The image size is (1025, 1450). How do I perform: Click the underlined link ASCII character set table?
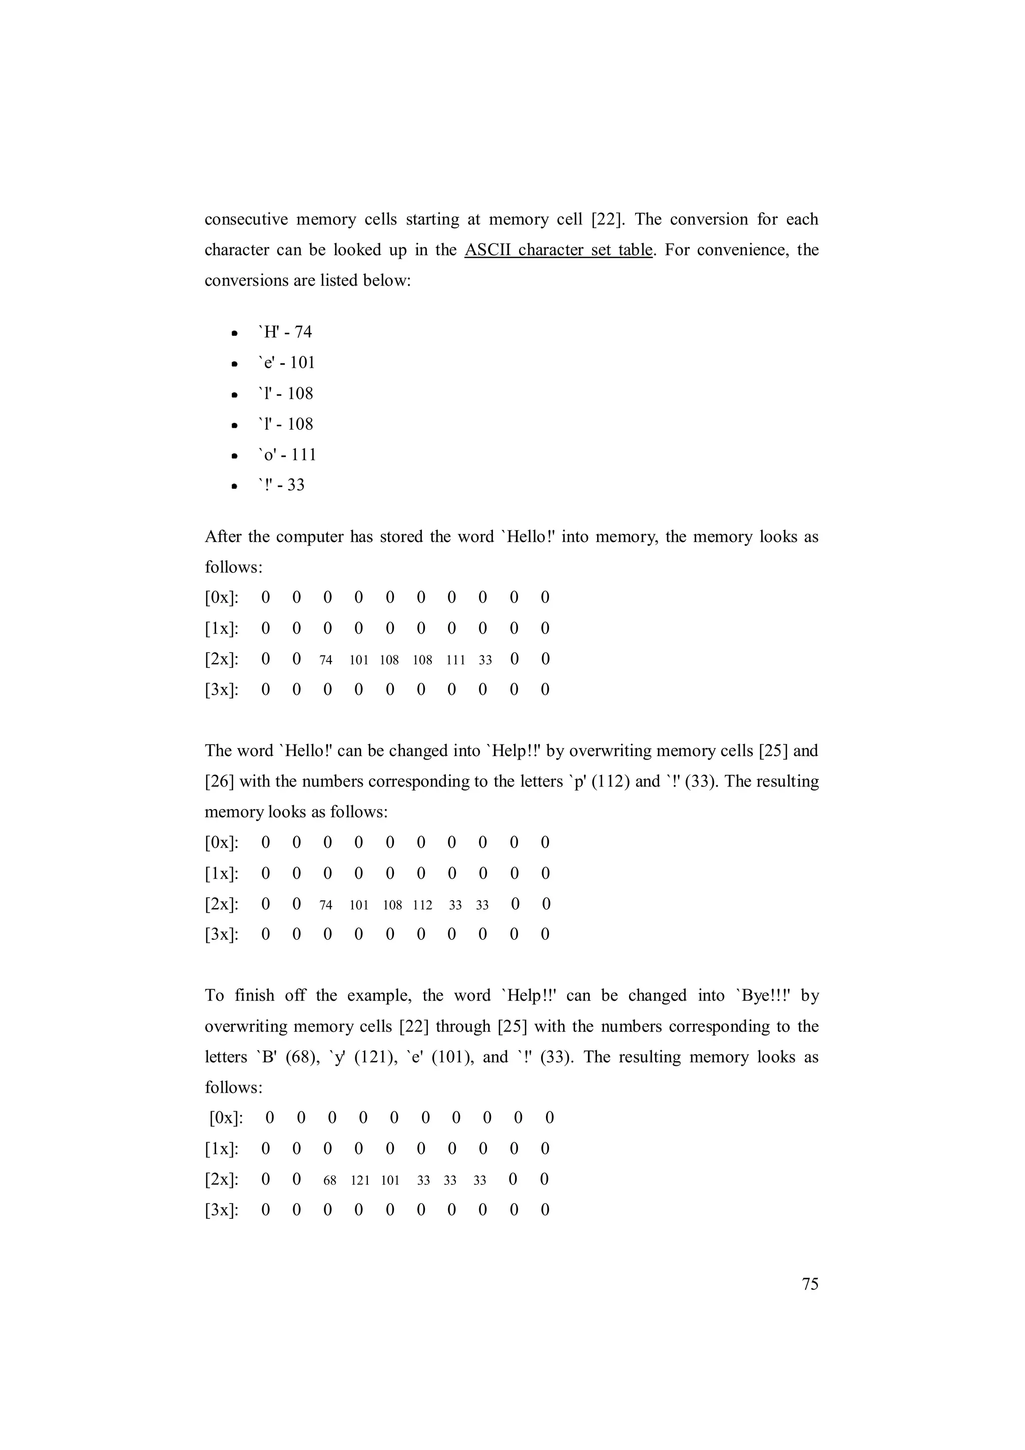(558, 250)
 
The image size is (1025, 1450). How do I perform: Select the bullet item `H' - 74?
(284, 332)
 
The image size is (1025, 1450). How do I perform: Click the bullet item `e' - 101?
(286, 362)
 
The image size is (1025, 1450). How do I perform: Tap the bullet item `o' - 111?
(287, 454)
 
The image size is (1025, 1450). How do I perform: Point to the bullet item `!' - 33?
(281, 485)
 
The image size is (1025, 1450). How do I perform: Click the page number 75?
(810, 1284)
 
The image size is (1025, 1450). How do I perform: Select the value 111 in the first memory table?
(455, 660)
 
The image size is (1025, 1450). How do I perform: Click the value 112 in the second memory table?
(422, 905)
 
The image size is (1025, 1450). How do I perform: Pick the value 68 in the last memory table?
(330, 1180)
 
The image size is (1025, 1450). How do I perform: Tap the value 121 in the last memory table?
(360, 1180)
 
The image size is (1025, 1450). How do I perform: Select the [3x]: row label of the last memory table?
(222, 1210)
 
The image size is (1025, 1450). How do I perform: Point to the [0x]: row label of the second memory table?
(222, 843)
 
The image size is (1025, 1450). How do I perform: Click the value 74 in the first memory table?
(326, 660)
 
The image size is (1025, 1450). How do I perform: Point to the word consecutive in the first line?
(246, 220)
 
